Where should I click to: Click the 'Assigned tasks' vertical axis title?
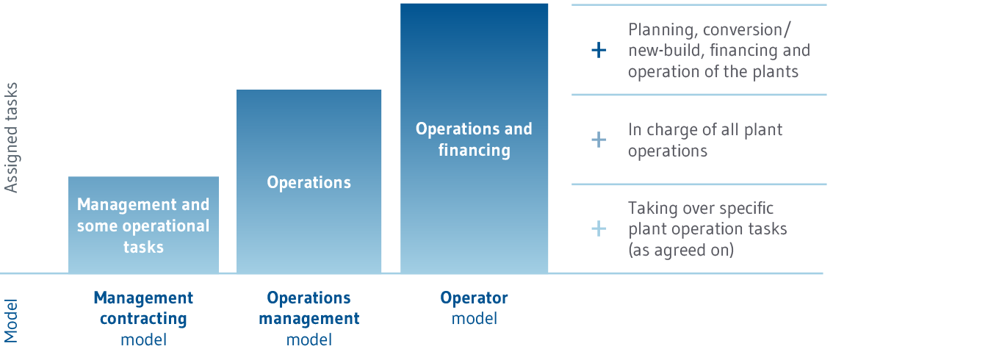10,137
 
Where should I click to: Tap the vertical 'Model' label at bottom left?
10,321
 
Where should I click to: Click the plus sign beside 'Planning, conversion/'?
599,51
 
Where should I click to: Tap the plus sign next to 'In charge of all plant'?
599,140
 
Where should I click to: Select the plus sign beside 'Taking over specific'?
599,228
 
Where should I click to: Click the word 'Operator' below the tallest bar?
474,298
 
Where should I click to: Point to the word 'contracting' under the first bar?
143,320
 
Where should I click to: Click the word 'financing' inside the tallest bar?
474,150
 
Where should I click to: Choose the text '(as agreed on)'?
681,250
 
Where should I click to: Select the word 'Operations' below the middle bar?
309,298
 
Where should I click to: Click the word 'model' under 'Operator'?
474,319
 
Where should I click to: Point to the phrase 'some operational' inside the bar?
143,226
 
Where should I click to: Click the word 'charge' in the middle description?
671,130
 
